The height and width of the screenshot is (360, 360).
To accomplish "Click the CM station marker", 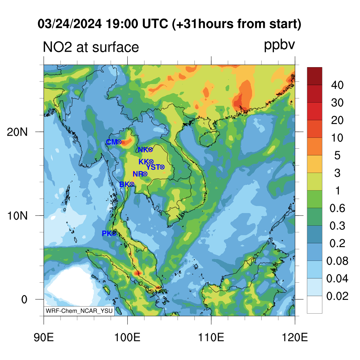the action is coord(119,142).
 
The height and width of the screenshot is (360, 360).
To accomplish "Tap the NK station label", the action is coord(143,150).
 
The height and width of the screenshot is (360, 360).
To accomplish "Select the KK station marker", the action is coord(151,162).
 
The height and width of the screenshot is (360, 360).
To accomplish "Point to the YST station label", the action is coord(153,167).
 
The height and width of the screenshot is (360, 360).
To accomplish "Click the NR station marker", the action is coord(145,174).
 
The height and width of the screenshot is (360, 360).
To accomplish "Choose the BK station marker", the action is coord(132,184).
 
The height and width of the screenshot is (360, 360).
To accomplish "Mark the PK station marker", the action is coord(114,233).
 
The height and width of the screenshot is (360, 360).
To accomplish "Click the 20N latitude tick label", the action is coord(17,132).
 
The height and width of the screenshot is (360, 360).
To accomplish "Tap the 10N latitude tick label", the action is coord(17,216).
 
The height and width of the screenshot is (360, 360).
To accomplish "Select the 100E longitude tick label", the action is coord(127,337).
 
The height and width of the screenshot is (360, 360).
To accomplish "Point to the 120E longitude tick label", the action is coord(295,337).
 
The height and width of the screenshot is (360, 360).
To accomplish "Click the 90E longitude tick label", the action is coord(44,337).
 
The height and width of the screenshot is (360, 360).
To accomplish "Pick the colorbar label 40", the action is coord(337,85).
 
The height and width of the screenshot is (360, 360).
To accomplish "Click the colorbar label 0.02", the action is coord(337,296).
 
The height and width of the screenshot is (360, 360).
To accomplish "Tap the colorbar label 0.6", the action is coord(337,208).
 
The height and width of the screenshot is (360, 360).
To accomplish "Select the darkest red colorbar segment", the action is coord(315,76).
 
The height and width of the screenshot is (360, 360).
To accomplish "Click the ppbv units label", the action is coord(279,45).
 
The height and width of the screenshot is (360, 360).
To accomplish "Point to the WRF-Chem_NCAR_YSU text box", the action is coord(79,311).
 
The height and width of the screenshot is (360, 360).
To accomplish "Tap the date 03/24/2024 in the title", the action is coord(70,24).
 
